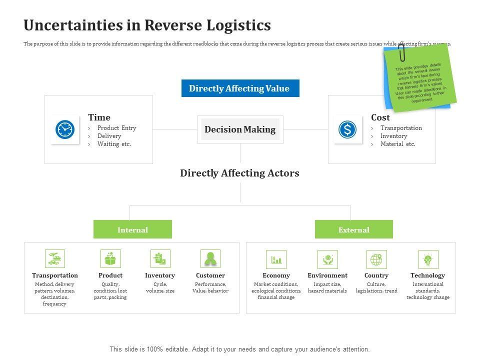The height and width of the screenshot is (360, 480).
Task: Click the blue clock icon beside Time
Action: pos(65,129)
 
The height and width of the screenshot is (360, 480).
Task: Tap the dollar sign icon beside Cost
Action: pos(347,129)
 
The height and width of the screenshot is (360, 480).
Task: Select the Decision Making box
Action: pos(240,129)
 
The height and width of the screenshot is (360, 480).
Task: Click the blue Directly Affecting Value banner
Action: pos(240,88)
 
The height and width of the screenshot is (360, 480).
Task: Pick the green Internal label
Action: pos(132,230)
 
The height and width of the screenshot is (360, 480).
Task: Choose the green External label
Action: pos(353,230)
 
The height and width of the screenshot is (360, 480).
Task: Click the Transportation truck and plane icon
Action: pos(55,259)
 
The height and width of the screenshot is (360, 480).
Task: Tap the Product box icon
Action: pos(110,259)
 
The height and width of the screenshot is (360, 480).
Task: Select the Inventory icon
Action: pos(160,259)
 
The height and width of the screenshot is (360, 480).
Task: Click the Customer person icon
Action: pos(210,259)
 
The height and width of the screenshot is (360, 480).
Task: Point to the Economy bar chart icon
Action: pos(276,259)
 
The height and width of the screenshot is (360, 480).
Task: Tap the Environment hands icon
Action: pos(327,259)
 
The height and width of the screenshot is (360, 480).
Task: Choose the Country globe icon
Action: pos(376,259)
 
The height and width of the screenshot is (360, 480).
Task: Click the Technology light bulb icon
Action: pos(427,259)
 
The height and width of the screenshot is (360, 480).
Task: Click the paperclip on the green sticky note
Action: pos(401,51)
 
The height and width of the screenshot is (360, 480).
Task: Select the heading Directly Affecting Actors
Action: pos(239,173)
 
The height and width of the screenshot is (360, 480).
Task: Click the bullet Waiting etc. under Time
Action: pos(114,144)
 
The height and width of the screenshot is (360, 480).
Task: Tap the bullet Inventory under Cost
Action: pos(393,136)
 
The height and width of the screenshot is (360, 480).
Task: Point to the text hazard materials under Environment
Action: pos(327,291)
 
